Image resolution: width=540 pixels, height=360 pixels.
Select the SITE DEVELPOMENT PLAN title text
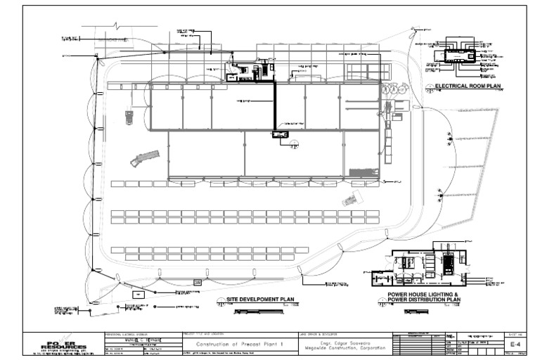pyautogui.click(x=259, y=300)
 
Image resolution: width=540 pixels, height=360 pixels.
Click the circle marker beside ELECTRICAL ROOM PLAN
pyautogui.click(x=430, y=87)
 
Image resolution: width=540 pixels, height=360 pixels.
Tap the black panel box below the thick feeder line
pyautogui.click(x=281, y=134)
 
